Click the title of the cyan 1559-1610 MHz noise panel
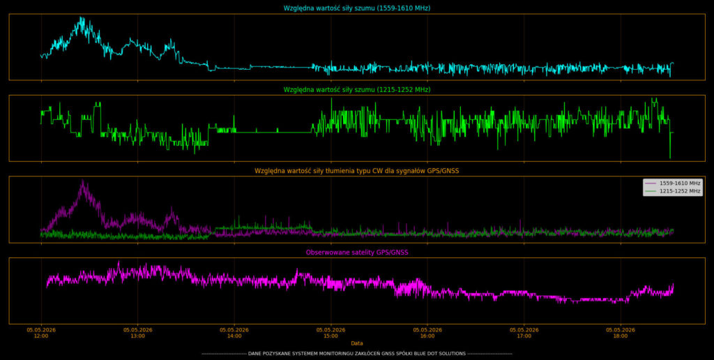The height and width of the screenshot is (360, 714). pos(356,8)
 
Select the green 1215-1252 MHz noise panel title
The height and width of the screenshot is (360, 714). pos(356,90)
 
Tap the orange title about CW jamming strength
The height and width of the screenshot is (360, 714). pos(356,171)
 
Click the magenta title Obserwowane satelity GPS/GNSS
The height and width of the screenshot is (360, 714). pos(356,252)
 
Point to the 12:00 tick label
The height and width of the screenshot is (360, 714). pos(41,333)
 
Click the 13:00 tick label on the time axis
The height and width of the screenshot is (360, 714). pos(137,333)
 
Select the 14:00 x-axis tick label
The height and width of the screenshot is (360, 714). pos(234,333)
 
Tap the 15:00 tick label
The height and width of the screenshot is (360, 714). pos(331,333)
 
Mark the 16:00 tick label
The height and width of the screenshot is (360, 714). pos(427,333)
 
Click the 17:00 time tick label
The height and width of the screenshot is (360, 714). pos(524,333)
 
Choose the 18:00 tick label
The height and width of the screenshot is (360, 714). pos(620,333)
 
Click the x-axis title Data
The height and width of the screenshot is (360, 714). pos(356,343)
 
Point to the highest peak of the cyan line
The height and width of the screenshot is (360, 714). pos(81,17)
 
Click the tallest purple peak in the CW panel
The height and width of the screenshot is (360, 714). pos(83,181)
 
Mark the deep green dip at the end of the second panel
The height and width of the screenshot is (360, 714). pos(670,157)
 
